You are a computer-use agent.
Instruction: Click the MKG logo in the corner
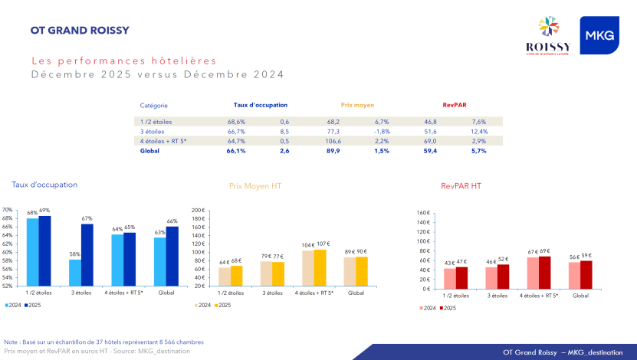599,35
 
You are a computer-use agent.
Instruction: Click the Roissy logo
549,36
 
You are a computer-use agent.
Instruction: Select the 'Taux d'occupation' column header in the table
261,105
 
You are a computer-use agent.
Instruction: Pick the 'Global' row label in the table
150,151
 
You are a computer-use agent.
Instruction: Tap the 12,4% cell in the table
479,132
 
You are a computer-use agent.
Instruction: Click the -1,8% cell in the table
382,132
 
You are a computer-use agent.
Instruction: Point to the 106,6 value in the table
333,141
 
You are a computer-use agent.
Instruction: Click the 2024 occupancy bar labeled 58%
75,272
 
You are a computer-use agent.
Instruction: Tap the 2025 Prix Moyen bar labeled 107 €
319,267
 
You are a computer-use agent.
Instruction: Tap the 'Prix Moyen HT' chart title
255,185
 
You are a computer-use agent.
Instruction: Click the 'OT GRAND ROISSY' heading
80,31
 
